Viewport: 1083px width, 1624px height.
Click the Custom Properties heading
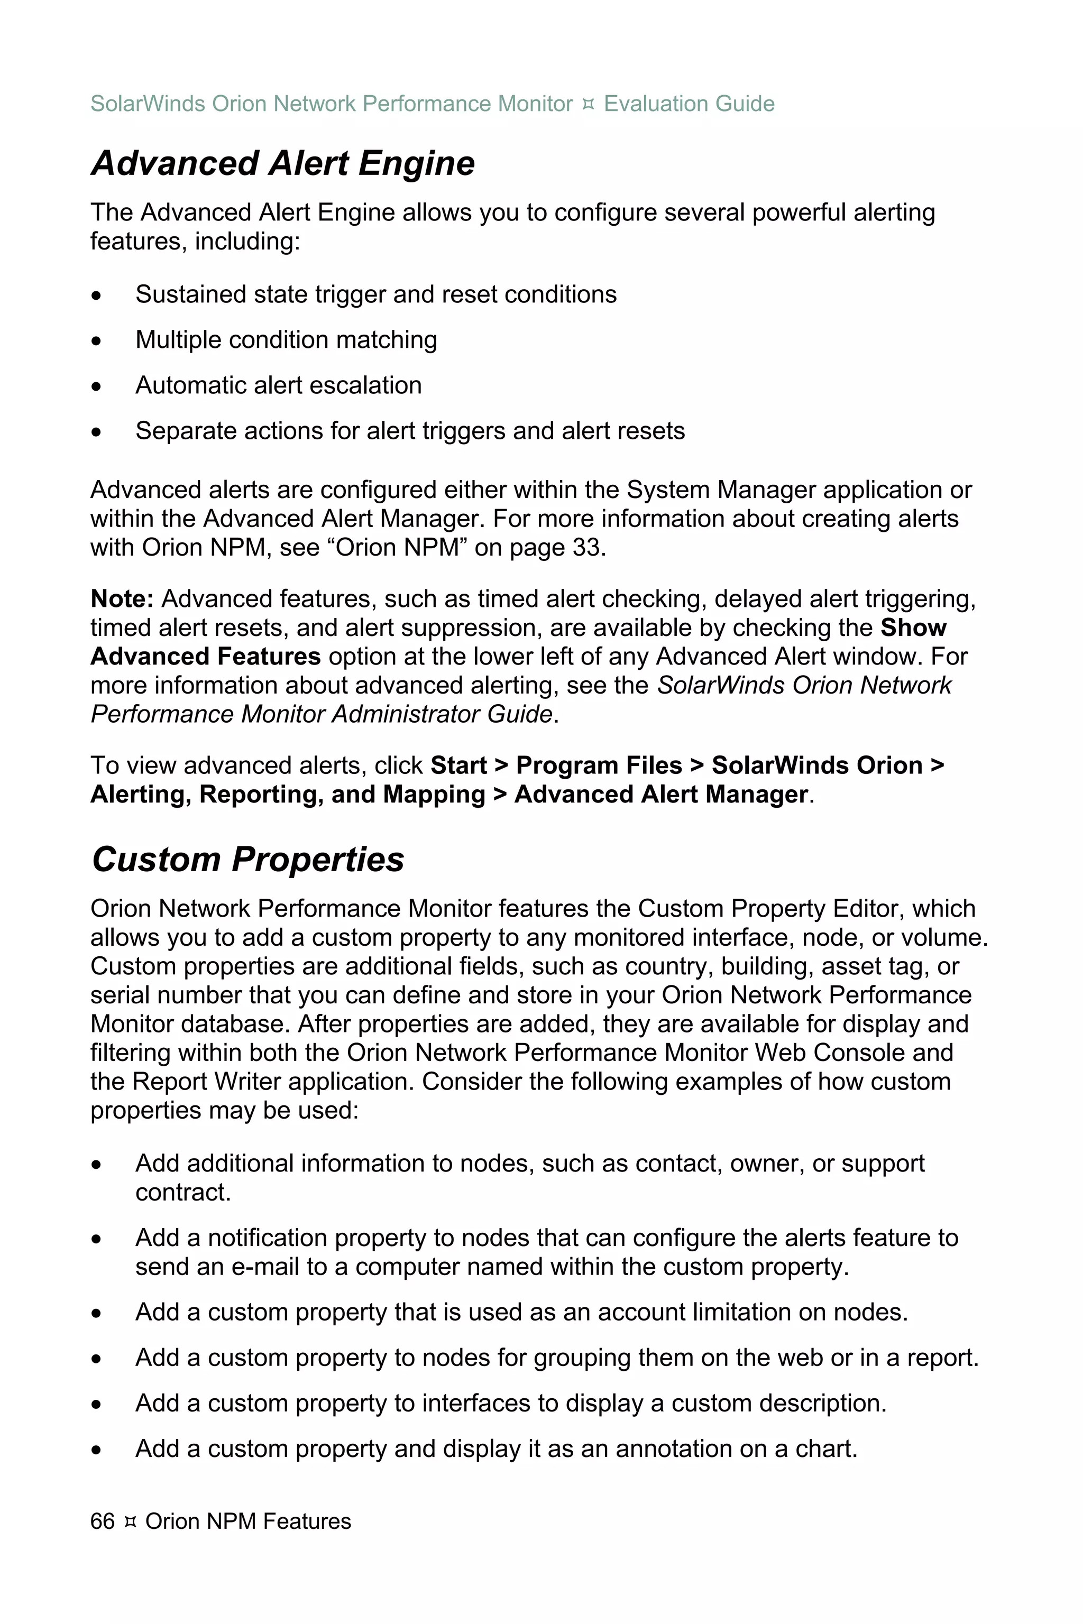[247, 860]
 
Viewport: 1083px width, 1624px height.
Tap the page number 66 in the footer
[102, 1521]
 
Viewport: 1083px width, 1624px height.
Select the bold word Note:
[122, 598]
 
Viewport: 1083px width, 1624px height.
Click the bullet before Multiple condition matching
[97, 341]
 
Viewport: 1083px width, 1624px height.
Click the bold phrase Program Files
[599, 765]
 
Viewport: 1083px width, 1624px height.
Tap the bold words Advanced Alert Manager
[660, 795]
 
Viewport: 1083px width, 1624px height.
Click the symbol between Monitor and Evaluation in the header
[588, 104]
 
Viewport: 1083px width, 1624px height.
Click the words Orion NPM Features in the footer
[248, 1521]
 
